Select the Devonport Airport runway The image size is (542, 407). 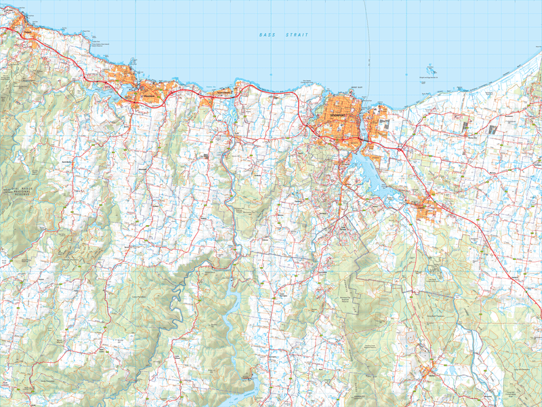pos(383,123)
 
